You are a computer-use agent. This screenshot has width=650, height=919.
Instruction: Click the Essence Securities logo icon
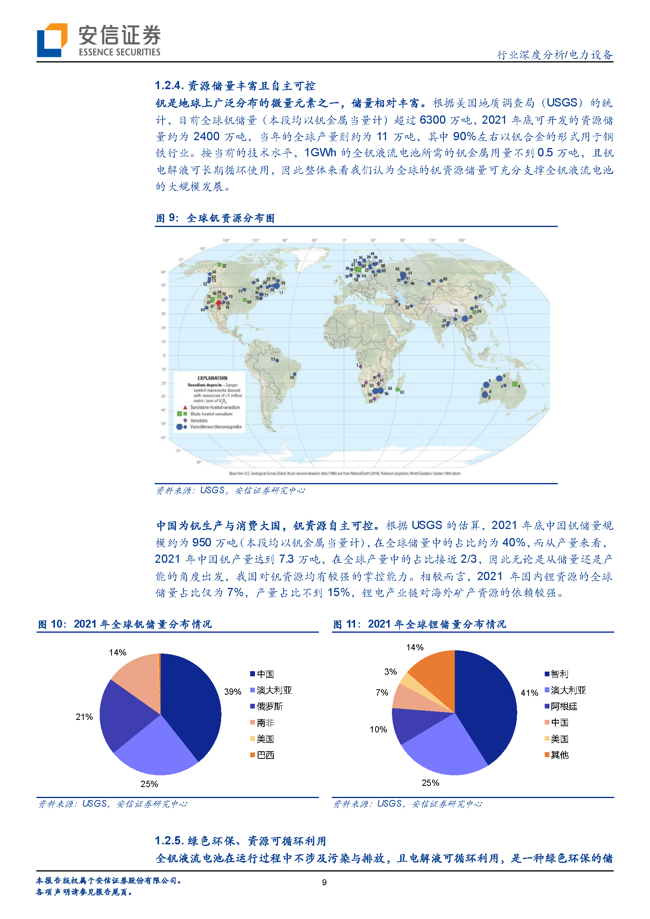pos(51,40)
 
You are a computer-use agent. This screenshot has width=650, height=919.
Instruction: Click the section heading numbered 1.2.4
pos(235,86)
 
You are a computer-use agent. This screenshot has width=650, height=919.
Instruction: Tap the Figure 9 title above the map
pos(215,218)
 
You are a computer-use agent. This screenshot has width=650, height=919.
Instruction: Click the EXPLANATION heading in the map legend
pos(212,378)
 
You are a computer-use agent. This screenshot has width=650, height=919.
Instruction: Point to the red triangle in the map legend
pos(185,407)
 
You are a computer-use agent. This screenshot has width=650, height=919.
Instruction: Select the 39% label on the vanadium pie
pos(232,692)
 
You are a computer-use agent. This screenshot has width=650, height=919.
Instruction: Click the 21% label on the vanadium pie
pos(84,717)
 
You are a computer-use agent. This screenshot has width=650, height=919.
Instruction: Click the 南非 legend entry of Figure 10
pos(265,723)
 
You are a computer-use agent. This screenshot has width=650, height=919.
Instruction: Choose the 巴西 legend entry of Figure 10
pos(265,755)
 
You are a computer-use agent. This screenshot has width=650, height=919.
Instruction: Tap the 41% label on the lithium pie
pos(529,693)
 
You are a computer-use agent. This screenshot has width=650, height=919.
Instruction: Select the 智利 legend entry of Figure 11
pos(559,674)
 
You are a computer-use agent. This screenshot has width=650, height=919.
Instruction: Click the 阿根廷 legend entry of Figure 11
pos(563,707)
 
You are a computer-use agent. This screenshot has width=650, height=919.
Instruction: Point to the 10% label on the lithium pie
pos(378,729)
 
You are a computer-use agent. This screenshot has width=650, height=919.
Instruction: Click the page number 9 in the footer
pos(324,882)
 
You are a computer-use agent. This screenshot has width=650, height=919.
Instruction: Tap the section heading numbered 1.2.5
pos(240,841)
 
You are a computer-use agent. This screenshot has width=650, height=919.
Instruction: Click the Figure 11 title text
pos(419,624)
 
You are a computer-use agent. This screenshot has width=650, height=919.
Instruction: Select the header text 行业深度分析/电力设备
pos(554,55)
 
